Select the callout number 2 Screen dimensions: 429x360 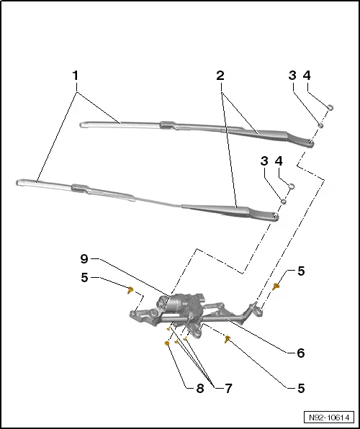point(220,74)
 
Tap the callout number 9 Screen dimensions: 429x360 point(84,258)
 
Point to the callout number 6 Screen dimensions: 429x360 point(300,353)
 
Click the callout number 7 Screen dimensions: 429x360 point(228,388)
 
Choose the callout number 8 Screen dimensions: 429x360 point(199,388)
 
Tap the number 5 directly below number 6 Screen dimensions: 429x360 point(300,388)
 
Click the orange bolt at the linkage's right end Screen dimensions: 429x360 point(276,286)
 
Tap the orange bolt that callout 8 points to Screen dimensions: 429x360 point(167,344)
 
